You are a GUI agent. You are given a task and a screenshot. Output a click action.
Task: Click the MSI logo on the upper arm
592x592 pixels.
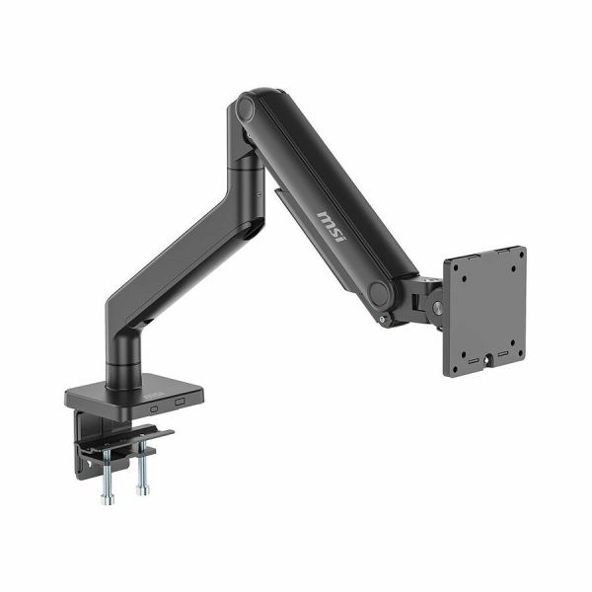[x=331, y=227]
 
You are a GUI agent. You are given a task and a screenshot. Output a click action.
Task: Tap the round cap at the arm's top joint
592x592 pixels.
[x=246, y=109]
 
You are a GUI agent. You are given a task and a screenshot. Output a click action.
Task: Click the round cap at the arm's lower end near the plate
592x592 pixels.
[x=378, y=292]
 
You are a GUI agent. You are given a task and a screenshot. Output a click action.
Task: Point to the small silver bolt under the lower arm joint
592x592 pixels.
[x=383, y=320]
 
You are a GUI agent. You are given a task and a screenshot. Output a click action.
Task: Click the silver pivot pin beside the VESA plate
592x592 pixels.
[x=438, y=306]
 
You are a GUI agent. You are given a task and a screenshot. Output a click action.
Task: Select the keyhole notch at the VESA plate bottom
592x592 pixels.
[x=487, y=358]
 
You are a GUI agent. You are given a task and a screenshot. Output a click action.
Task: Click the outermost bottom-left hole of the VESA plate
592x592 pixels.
[x=454, y=369]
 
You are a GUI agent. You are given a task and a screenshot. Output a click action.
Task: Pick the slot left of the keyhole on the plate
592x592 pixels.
[x=474, y=361]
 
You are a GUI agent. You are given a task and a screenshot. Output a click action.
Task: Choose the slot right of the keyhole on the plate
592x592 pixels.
[x=503, y=354]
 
